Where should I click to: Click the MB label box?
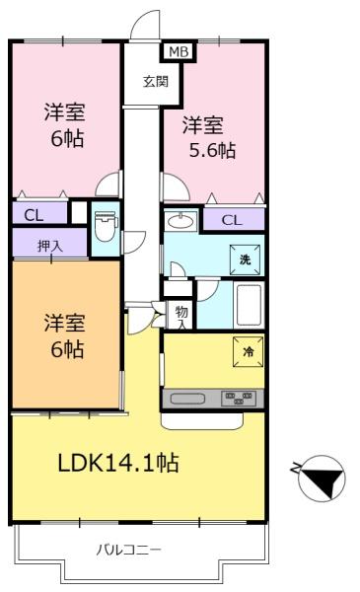click(178, 52)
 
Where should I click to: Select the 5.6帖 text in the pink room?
click(212, 151)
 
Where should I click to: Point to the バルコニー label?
click(128, 548)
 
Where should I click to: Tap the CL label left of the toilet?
click(33, 212)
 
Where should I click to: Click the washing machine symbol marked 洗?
click(245, 258)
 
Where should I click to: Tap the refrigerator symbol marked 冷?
click(245, 351)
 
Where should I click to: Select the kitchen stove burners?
click(240, 399)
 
